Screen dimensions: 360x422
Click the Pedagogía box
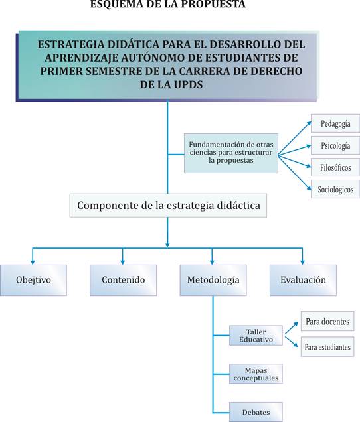tap(335, 123)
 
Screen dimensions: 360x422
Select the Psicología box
tap(335, 145)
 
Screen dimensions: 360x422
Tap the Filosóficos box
tap(335, 167)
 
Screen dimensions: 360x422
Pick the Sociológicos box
tap(335, 189)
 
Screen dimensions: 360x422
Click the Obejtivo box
tap(33, 280)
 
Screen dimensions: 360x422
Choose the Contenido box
tap(123, 280)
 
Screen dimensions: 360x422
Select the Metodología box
tap(213, 280)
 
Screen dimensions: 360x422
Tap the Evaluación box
tap(303, 280)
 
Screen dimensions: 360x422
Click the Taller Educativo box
tap(256, 336)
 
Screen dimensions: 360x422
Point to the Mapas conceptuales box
tap(256, 374)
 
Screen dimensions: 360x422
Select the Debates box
tap(256, 412)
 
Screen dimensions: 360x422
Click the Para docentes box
tap(327, 321)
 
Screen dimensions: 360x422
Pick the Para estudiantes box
tap(327, 347)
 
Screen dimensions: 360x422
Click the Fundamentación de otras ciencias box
tap(231, 153)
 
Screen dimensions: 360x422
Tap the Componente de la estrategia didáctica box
tap(168, 205)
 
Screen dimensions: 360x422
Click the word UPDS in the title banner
tap(188, 85)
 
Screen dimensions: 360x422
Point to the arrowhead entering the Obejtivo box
tap(33, 262)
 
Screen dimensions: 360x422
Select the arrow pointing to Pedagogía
tap(294, 138)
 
